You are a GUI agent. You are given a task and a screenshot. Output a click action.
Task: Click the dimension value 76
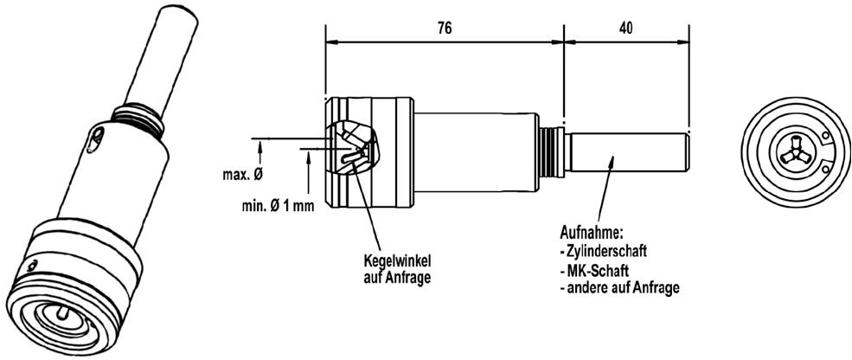pyautogui.click(x=445, y=29)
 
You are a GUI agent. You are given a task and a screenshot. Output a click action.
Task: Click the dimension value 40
pyautogui.click(x=625, y=29)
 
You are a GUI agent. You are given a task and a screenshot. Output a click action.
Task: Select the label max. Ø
pyautogui.click(x=243, y=175)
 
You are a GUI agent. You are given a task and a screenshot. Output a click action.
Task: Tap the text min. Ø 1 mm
pyautogui.click(x=279, y=207)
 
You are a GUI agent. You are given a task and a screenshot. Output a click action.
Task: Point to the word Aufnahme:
pyautogui.click(x=591, y=233)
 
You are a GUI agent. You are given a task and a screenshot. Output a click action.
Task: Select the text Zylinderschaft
pyautogui.click(x=603, y=252)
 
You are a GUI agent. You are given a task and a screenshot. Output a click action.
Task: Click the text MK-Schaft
pyautogui.click(x=591, y=270)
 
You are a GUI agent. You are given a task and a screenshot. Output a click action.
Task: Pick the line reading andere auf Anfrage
pyautogui.click(x=619, y=287)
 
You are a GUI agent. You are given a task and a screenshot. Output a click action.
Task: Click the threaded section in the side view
pyautogui.click(x=552, y=152)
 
